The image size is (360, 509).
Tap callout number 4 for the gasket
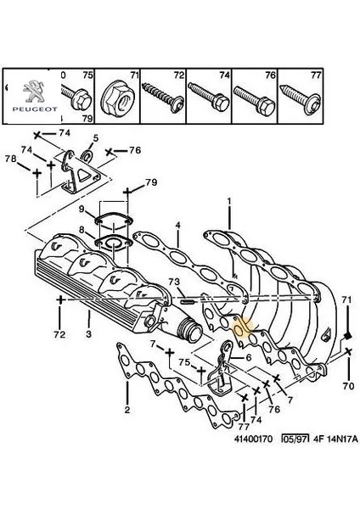177,225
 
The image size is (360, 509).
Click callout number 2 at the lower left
127,411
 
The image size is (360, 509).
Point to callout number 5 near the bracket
94,137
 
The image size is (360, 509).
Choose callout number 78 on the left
9,159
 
